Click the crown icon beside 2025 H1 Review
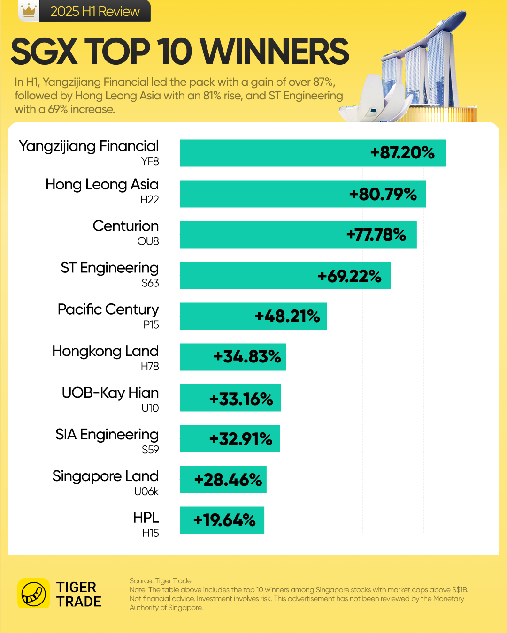tap(29, 10)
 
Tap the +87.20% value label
tap(402, 153)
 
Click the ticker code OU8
tap(148, 241)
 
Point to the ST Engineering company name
tap(109, 268)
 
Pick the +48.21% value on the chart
tap(287, 316)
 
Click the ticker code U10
tap(150, 408)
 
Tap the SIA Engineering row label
tap(107, 435)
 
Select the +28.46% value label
tap(228, 480)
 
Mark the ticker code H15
tap(150, 533)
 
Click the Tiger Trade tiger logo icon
tap(34, 594)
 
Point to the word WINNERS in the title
tap(277, 52)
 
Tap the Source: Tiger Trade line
tap(161, 581)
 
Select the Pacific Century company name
tap(108, 309)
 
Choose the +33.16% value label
tap(241, 399)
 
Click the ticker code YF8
tap(150, 161)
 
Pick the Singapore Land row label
tap(106, 476)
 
